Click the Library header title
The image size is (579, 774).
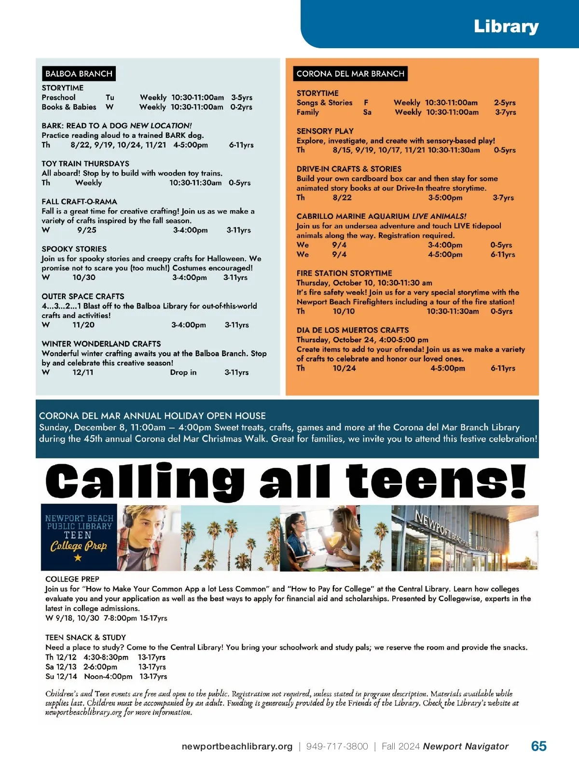click(506, 27)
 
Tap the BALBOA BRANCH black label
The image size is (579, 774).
click(79, 74)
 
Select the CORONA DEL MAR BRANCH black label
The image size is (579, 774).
click(350, 74)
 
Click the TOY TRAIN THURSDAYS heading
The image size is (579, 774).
click(85, 164)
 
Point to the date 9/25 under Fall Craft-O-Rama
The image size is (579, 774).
click(87, 230)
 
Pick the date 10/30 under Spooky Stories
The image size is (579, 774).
click(84, 278)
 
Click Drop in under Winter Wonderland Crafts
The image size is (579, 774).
click(183, 373)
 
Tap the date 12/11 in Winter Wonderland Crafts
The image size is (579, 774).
click(83, 373)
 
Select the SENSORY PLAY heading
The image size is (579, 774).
click(325, 131)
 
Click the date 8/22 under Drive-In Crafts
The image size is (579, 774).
click(342, 198)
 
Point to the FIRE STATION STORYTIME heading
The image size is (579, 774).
click(344, 273)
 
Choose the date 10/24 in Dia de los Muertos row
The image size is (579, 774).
click(344, 368)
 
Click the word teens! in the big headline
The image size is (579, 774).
click(436, 481)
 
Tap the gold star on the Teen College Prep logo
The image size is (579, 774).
click(78, 558)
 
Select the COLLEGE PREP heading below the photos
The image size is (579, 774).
click(72, 579)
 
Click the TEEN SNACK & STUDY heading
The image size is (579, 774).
click(85, 638)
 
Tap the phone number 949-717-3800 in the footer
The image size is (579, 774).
click(337, 747)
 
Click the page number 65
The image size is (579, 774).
click(538, 746)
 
